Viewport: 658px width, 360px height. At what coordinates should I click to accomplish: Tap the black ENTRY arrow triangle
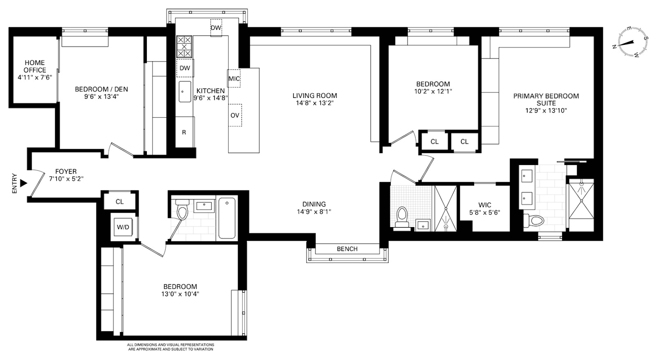pyautogui.click(x=23, y=183)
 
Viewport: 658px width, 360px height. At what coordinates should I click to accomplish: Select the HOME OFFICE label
pyautogui.click(x=35, y=66)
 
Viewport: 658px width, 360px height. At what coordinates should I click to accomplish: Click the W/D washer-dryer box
pyautogui.click(x=123, y=227)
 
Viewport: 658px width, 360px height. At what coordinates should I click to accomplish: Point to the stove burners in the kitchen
pyautogui.click(x=184, y=47)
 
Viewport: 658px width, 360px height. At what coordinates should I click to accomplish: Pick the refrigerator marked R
pyautogui.click(x=185, y=132)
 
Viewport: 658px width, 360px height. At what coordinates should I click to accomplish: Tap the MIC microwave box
pyautogui.click(x=234, y=79)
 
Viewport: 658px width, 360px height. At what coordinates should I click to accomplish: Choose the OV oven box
pyautogui.click(x=235, y=115)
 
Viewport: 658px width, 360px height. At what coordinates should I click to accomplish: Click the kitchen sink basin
pyautogui.click(x=185, y=92)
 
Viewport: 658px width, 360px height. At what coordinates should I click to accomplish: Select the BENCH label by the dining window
pyautogui.click(x=347, y=249)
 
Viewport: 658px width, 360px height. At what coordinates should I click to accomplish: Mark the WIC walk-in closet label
pyautogui.click(x=485, y=205)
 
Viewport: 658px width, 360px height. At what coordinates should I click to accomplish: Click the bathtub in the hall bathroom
pyautogui.click(x=227, y=218)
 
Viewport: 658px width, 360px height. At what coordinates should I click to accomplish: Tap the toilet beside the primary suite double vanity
pyautogui.click(x=534, y=220)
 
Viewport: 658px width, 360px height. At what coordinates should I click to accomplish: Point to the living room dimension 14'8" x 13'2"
pyautogui.click(x=315, y=103)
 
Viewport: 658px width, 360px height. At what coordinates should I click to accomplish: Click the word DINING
pyautogui.click(x=314, y=204)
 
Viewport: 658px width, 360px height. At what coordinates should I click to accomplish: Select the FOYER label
pyautogui.click(x=66, y=171)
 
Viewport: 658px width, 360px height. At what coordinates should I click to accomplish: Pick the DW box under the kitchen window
pyautogui.click(x=216, y=28)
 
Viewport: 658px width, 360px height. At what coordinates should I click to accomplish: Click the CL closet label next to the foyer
pyautogui.click(x=120, y=202)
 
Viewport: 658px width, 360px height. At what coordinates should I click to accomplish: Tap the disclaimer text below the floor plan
pyautogui.click(x=170, y=347)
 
